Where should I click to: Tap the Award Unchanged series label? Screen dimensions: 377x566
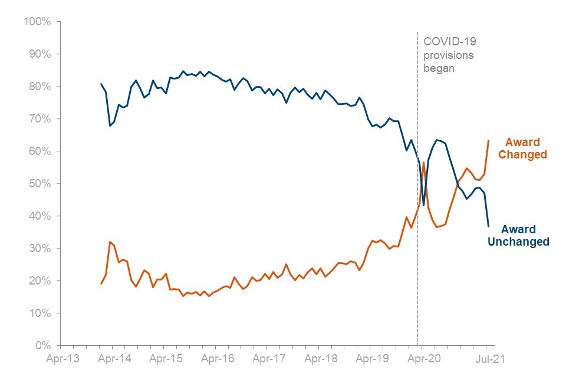pos(519,236)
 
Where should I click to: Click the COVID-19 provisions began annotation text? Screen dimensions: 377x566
pos(449,54)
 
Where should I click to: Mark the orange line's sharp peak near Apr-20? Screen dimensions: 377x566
pos(423,162)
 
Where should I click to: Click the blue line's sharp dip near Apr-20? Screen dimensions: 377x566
pos(423,205)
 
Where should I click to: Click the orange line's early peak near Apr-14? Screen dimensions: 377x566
pos(110,242)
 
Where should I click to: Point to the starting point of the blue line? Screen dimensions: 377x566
pos(101,84)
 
